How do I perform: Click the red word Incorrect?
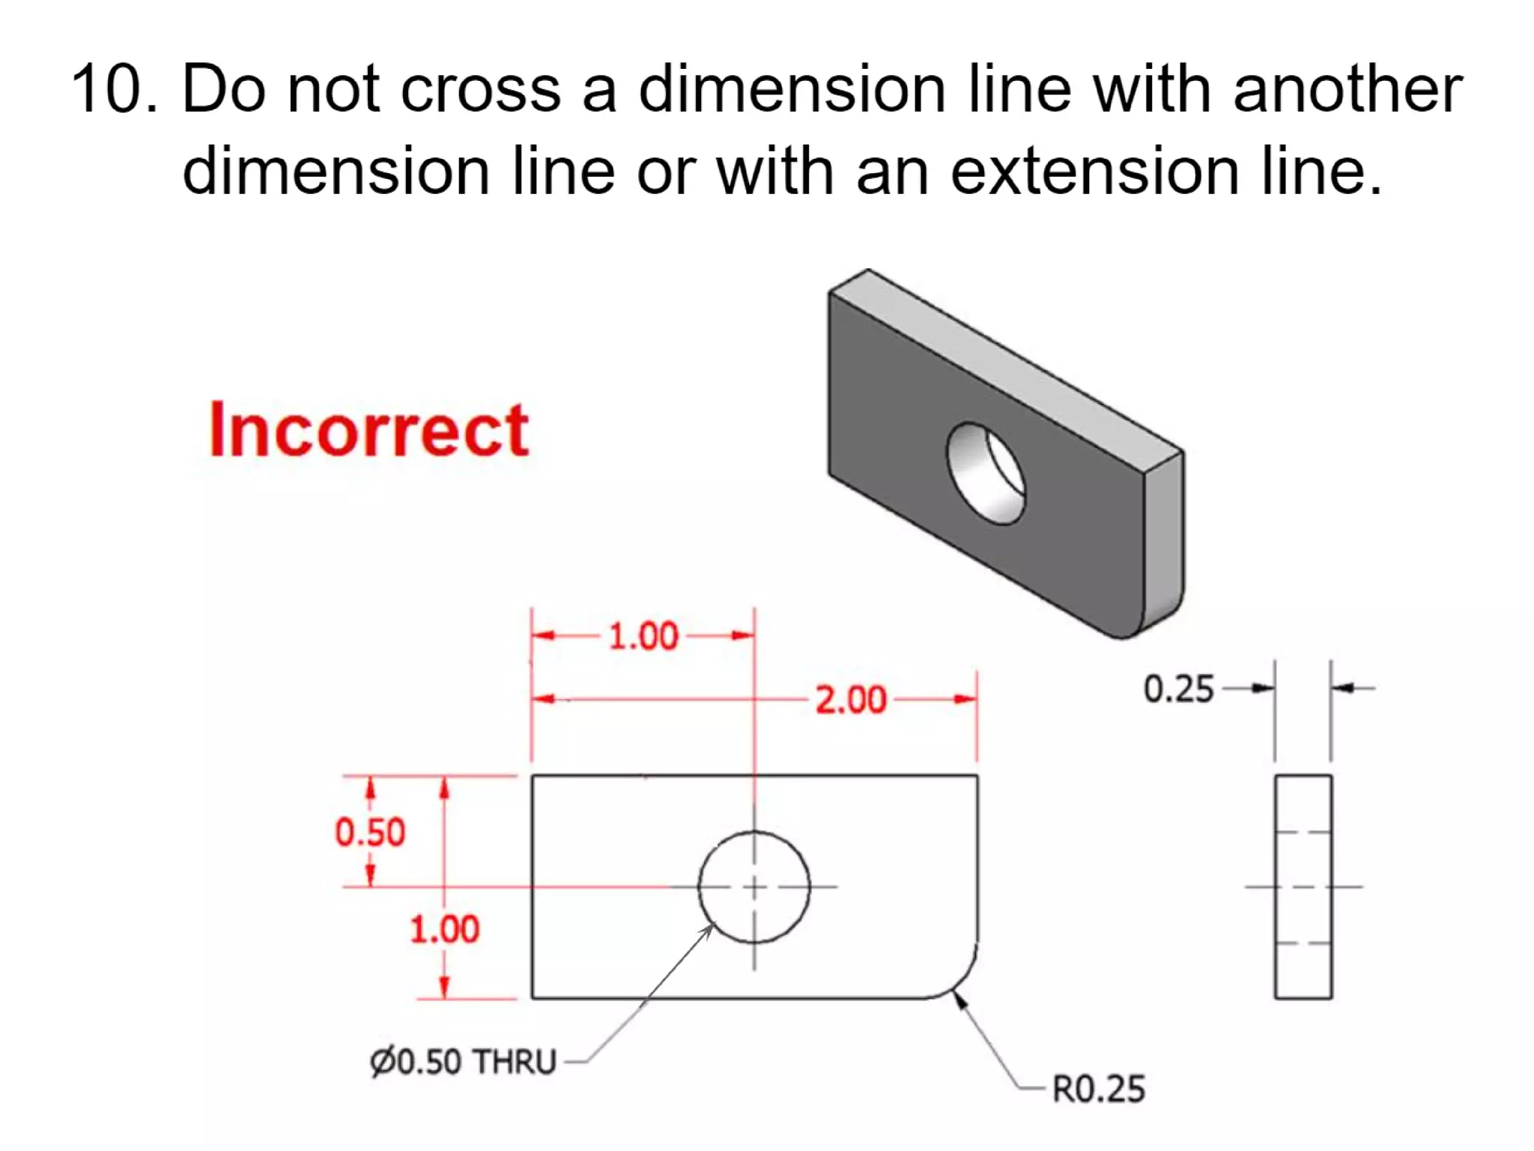369,430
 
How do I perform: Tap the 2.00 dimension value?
850,700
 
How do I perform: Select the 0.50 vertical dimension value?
370,833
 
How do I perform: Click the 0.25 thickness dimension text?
1178,689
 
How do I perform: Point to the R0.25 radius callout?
1099,1090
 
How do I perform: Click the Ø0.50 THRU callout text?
463,1062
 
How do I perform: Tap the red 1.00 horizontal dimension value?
643,636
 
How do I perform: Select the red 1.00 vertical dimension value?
444,930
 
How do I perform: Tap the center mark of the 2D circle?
754,887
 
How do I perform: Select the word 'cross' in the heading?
480,89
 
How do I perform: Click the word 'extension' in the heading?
1094,172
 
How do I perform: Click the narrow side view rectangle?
1303,887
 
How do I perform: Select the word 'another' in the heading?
1347,89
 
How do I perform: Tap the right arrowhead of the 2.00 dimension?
966,700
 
